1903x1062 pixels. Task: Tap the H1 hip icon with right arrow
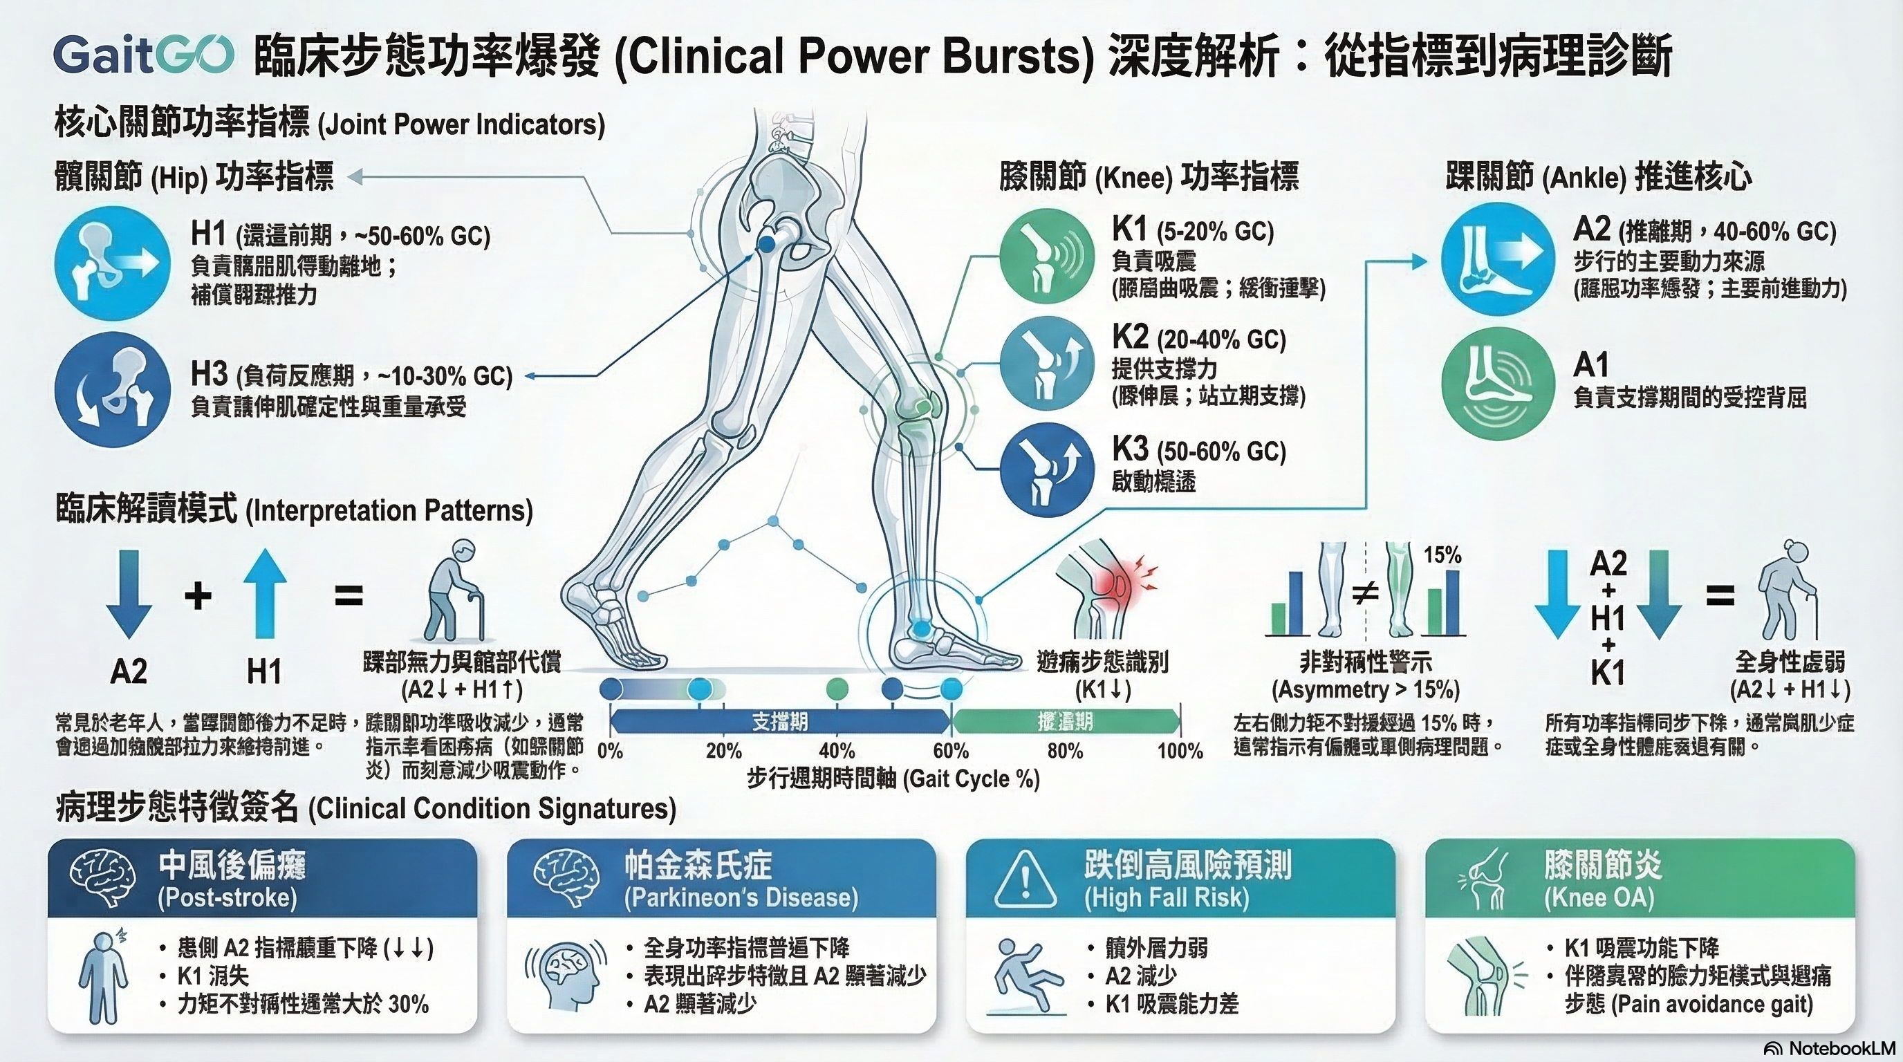pos(112,263)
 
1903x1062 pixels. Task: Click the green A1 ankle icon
pos(1497,383)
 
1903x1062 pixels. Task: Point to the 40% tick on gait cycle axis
pos(836,751)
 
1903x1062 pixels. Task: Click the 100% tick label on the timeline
pos(1180,751)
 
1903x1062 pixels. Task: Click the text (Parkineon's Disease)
pos(741,898)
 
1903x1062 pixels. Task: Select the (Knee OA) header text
pos(1599,898)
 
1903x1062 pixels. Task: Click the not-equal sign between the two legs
pos(1365,591)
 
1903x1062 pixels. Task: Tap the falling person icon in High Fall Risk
pos(1025,975)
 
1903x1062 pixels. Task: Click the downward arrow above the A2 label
pos(129,595)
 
